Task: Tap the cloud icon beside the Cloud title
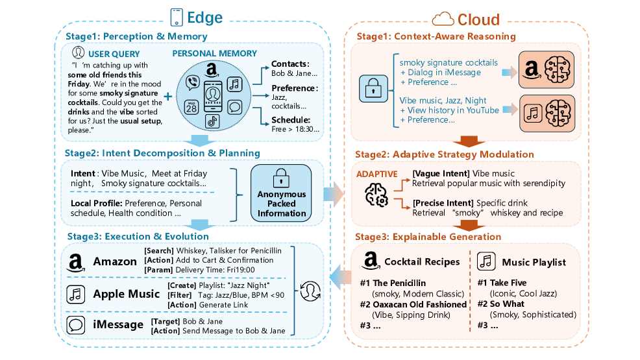pos(443,18)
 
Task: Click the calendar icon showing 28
pos(191,106)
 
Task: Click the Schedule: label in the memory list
pos(290,120)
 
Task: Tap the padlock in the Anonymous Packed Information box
pos(281,176)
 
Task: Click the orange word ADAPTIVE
pos(376,174)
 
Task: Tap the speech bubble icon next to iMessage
pos(76,325)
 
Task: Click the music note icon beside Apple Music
pos(76,294)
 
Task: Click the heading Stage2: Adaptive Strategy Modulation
pos(445,154)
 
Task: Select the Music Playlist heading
pos(534,262)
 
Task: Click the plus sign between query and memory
pos(168,95)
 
